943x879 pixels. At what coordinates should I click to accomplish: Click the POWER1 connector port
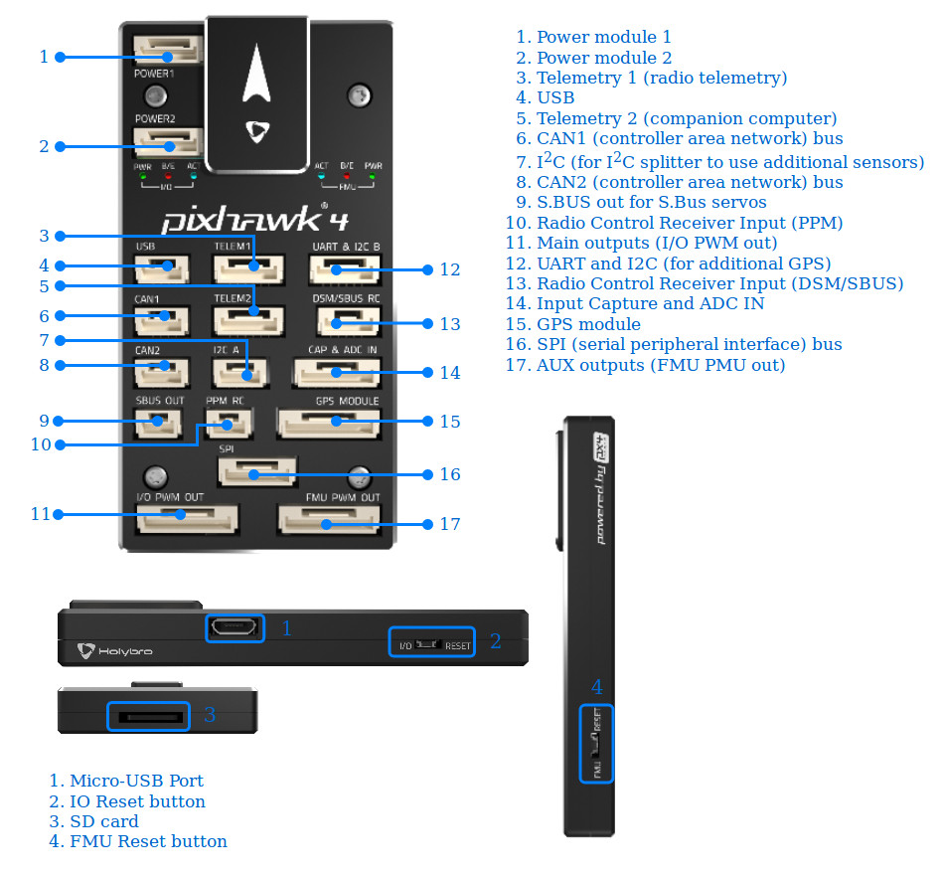pyautogui.click(x=169, y=50)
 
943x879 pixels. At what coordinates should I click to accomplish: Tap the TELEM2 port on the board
pyautogui.click(x=247, y=318)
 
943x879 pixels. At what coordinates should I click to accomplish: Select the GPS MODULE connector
pyautogui.click(x=328, y=423)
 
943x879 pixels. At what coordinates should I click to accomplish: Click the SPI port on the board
pyautogui.click(x=256, y=472)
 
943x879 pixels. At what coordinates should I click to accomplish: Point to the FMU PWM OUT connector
pyautogui.click(x=329, y=520)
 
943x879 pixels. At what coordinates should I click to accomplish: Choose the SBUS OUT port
pyautogui.click(x=159, y=422)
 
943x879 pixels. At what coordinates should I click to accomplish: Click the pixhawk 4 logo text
pyautogui.click(x=242, y=218)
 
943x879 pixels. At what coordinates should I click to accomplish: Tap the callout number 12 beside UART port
pyautogui.click(x=450, y=269)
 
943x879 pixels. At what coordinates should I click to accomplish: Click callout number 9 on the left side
pyautogui.click(x=43, y=421)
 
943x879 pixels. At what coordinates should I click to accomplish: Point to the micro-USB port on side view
pyautogui.click(x=236, y=627)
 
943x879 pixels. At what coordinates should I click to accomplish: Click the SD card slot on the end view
pyautogui.click(x=148, y=716)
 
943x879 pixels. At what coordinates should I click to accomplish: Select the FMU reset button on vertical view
pyautogui.click(x=595, y=744)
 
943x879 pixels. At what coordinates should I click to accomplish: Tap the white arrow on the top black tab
pyautogui.click(x=257, y=79)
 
